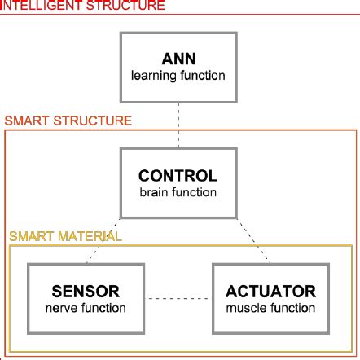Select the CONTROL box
(178, 183)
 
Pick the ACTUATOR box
(270, 298)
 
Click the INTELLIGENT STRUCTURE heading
(82, 6)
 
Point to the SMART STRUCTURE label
(68, 121)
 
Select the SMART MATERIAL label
(65, 237)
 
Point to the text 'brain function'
(178, 193)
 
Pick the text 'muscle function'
(270, 308)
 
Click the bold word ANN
(178, 59)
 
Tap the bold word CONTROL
(178, 176)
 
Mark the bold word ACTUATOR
(270, 291)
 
